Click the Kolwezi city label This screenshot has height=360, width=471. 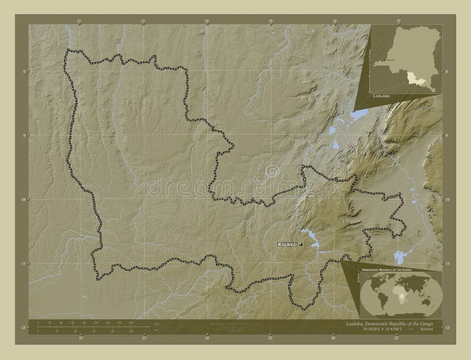287,244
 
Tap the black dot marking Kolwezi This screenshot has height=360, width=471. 301,244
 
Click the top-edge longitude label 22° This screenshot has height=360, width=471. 79,21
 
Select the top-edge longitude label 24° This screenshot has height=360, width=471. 207,21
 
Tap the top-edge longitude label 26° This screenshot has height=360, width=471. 334,21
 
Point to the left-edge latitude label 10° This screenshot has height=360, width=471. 24,200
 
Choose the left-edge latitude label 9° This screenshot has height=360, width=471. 24,136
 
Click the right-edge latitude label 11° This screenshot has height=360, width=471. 447,264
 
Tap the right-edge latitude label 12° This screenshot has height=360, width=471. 447,327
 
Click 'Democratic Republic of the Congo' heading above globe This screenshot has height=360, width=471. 393,268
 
